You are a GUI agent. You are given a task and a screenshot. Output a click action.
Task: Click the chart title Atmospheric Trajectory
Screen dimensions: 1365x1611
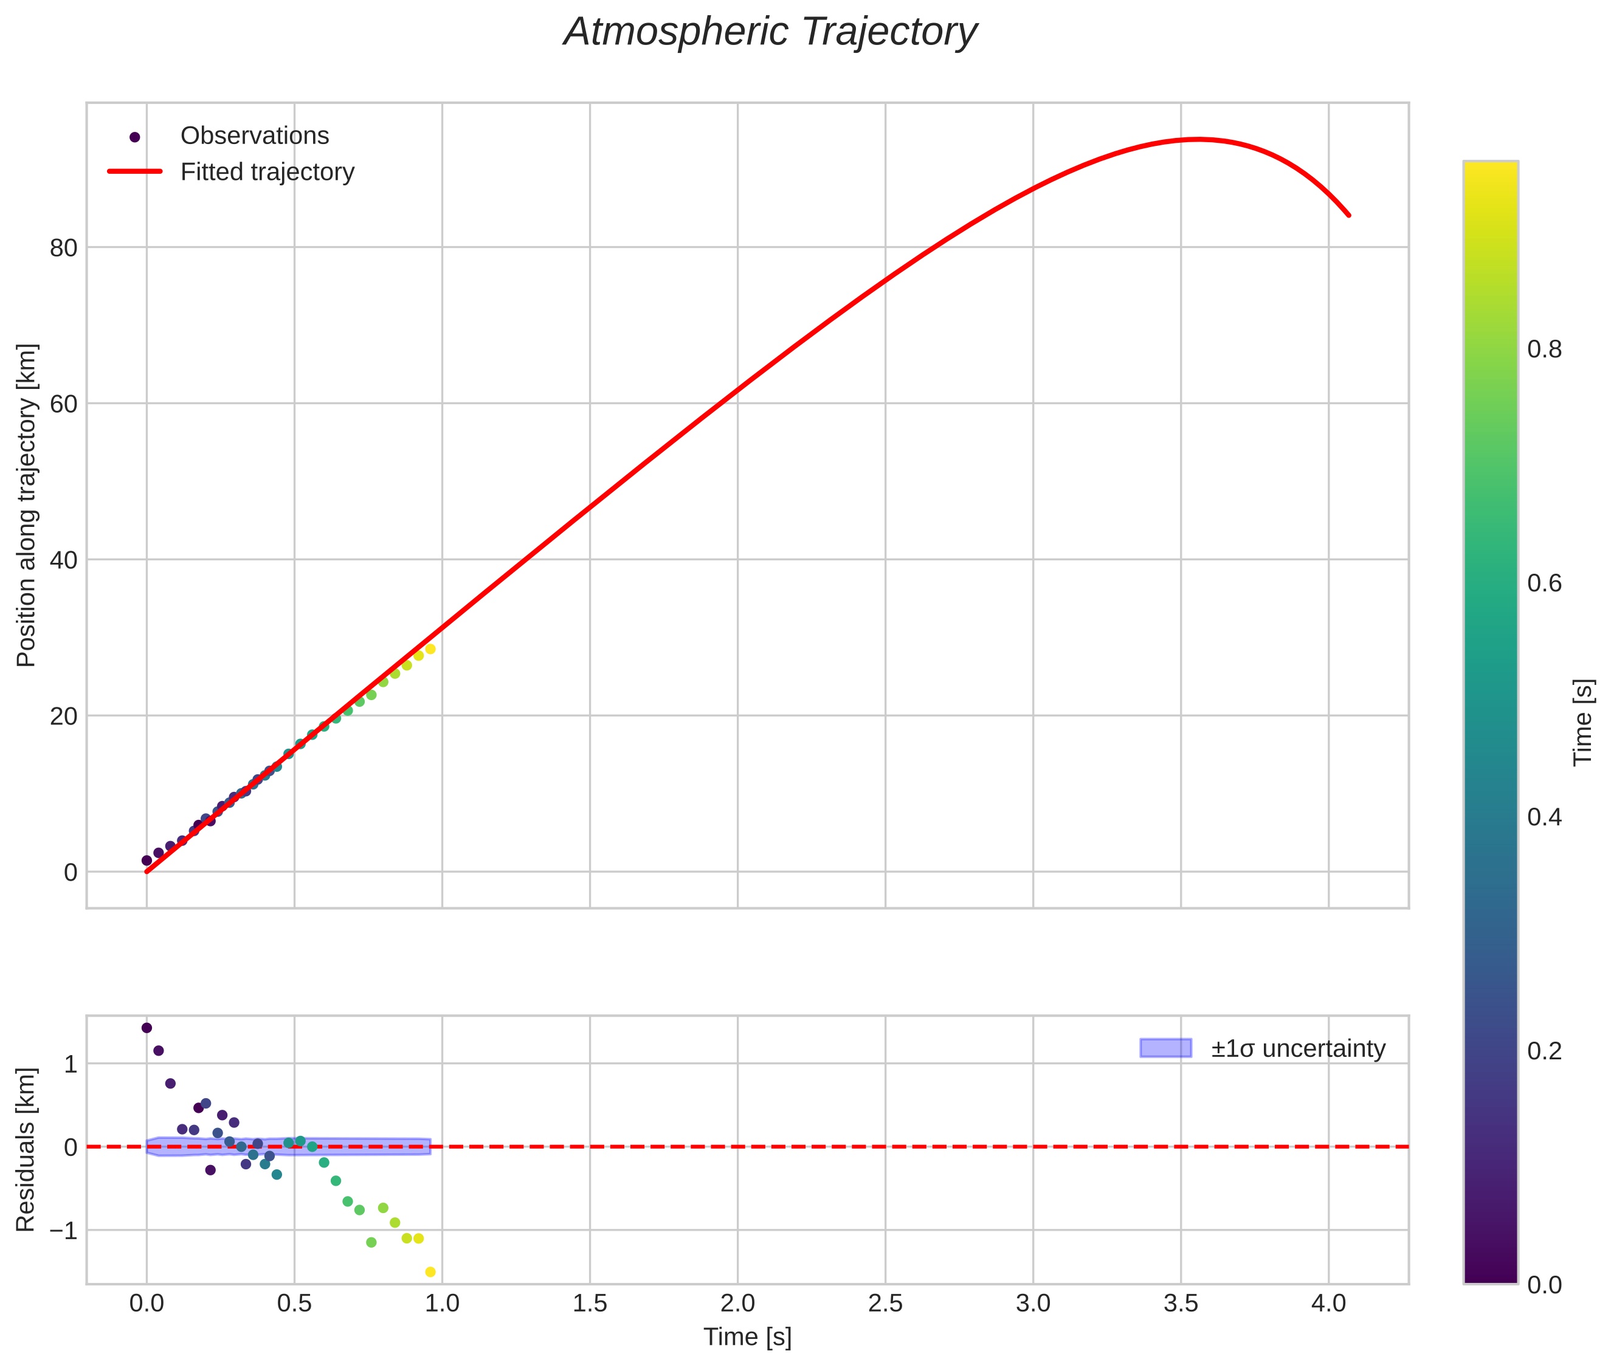pyautogui.click(x=770, y=32)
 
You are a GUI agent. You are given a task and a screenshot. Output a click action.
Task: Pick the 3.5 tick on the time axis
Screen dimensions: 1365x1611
pyautogui.click(x=1181, y=1304)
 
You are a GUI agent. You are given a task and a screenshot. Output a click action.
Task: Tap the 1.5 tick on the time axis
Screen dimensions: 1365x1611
pyautogui.click(x=590, y=1304)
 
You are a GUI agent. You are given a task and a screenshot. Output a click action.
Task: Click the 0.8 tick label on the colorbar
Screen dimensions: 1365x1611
pyautogui.click(x=1544, y=350)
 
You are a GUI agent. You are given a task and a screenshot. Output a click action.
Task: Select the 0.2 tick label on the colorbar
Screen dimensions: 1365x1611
pyautogui.click(x=1544, y=1051)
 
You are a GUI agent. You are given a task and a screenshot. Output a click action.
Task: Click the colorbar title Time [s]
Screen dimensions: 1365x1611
pyautogui.click(x=1583, y=722)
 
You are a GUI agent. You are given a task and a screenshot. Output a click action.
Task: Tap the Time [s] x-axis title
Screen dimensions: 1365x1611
pyautogui.click(x=747, y=1337)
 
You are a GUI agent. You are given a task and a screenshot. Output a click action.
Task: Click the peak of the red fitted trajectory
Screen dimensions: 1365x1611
pyautogui.click(x=1198, y=139)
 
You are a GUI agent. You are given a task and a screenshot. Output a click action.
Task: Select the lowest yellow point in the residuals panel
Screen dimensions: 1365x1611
pyautogui.click(x=430, y=1272)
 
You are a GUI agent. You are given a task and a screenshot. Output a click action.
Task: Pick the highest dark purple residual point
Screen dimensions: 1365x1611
pyautogui.click(x=147, y=1028)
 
